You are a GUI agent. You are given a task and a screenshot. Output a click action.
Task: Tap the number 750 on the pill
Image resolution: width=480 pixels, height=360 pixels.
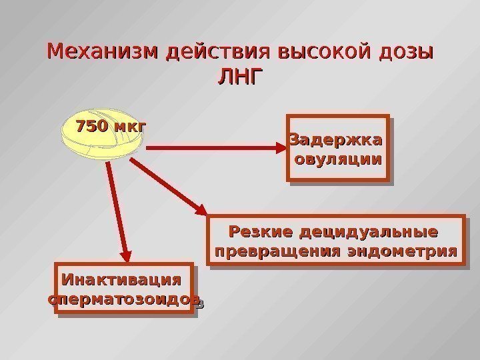click(x=93, y=125)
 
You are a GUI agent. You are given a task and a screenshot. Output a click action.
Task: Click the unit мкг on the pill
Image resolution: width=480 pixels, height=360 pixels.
click(x=130, y=125)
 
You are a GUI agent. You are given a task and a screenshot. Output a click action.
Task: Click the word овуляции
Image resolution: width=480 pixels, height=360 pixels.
click(x=338, y=160)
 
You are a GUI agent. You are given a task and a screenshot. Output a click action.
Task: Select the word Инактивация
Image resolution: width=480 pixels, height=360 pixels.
click(x=121, y=278)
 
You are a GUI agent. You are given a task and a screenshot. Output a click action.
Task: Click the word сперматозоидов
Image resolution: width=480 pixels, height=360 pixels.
click(x=124, y=299)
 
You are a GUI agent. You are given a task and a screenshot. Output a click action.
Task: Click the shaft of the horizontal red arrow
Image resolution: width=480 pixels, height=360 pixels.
click(x=207, y=149)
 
